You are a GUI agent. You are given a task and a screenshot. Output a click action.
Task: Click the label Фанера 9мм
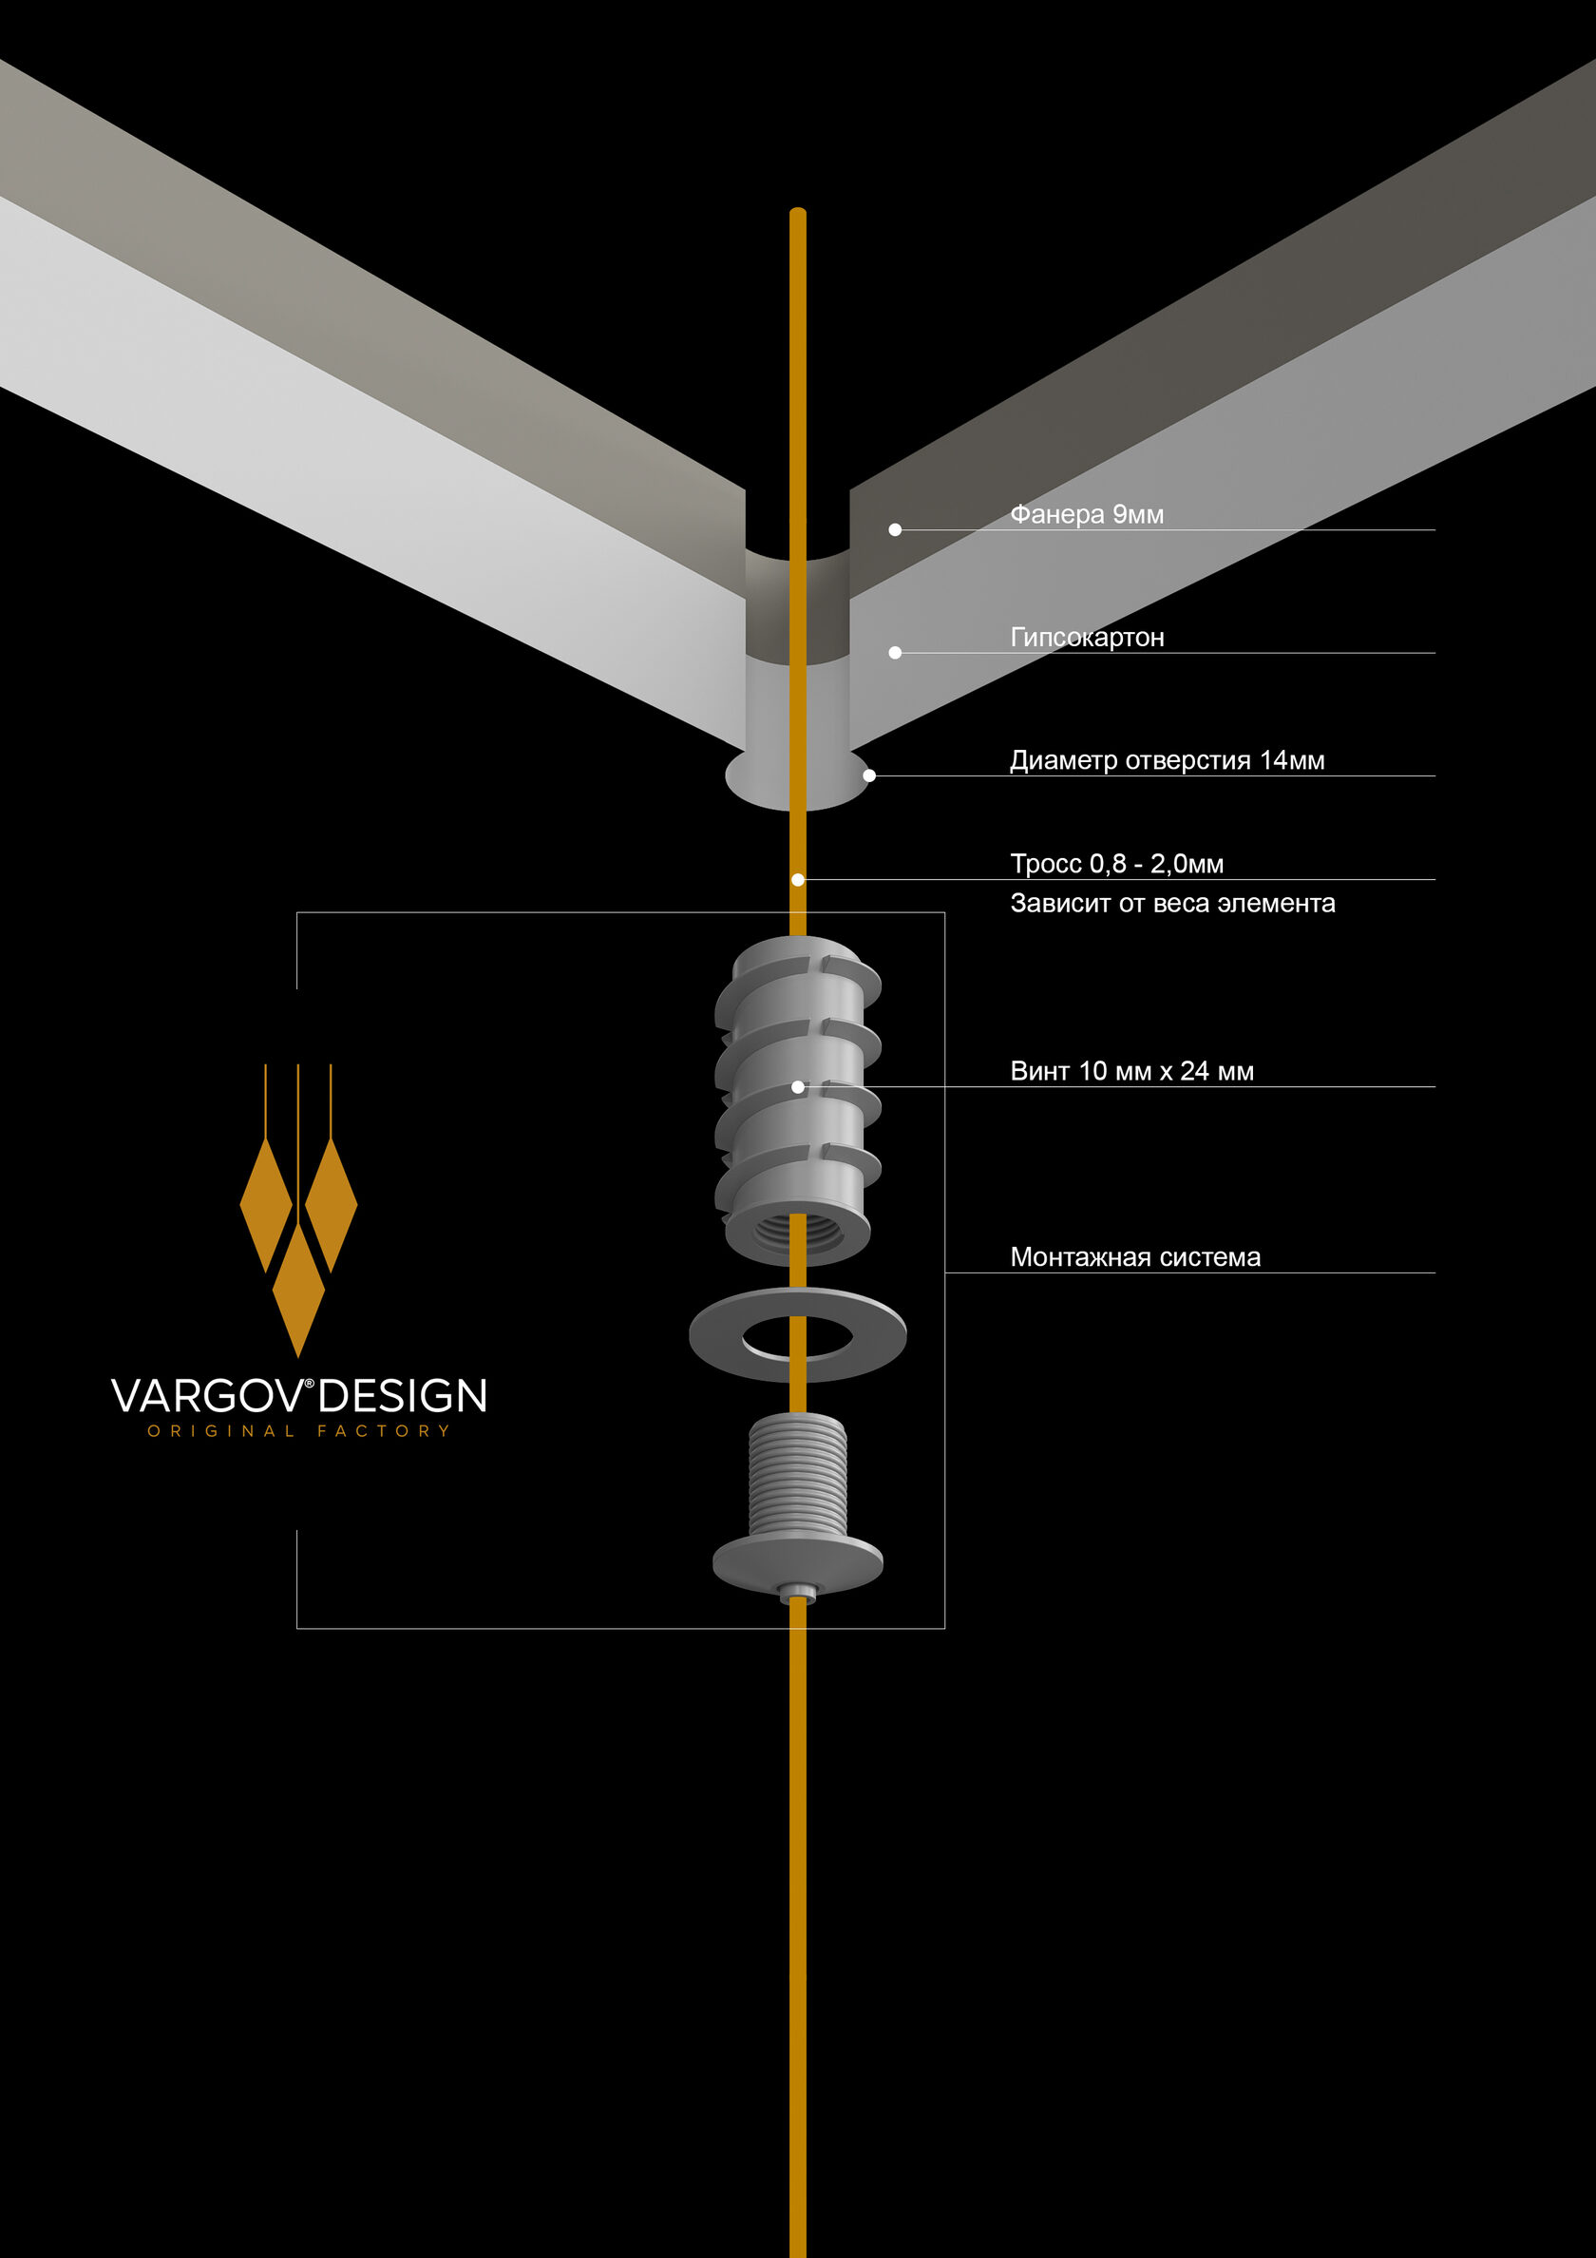(x=1087, y=514)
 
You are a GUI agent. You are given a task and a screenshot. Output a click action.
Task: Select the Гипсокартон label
(x=1087, y=638)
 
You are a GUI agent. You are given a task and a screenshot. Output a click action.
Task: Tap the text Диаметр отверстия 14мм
(x=1168, y=760)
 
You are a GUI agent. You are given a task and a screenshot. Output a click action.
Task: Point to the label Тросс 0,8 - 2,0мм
(x=1117, y=864)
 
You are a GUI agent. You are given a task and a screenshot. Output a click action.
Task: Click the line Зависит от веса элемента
(x=1172, y=903)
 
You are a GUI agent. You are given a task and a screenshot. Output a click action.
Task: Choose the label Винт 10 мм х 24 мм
(x=1131, y=1071)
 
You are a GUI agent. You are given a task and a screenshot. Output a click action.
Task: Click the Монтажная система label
(x=1135, y=1257)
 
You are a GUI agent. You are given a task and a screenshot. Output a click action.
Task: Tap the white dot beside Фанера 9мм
(x=895, y=530)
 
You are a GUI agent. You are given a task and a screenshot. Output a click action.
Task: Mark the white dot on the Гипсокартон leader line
(x=895, y=653)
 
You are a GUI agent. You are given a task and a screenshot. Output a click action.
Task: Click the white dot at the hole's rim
(x=869, y=775)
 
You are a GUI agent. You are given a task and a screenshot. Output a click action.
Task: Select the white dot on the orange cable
(x=797, y=880)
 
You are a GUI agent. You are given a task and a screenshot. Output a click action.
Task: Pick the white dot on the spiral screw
(x=797, y=1087)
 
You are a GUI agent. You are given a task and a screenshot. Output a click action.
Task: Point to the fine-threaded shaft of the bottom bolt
(x=797, y=1475)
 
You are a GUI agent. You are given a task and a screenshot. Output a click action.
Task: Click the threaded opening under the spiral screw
(x=797, y=1234)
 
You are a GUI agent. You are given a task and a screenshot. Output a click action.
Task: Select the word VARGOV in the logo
(x=209, y=1396)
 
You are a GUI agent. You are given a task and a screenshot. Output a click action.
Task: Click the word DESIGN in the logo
(x=402, y=1396)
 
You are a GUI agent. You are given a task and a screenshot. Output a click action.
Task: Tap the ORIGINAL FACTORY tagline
(x=299, y=1431)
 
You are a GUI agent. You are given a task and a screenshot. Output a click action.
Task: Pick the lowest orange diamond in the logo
(x=298, y=1291)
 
